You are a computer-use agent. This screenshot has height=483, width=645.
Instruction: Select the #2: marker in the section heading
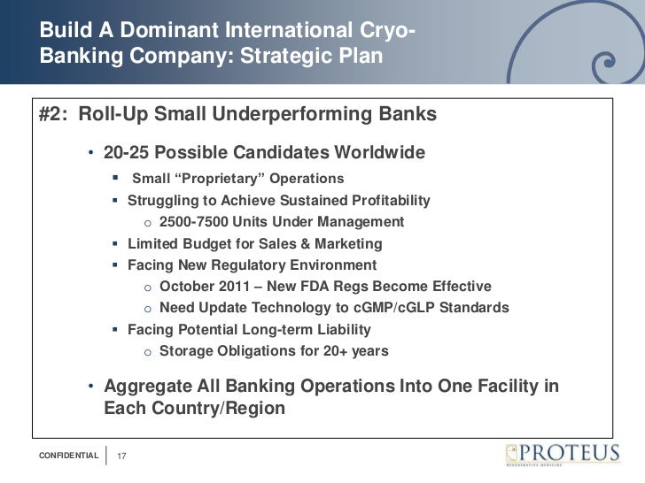pyautogui.click(x=54, y=116)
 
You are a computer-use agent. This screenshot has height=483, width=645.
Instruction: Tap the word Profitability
pyautogui.click(x=385, y=200)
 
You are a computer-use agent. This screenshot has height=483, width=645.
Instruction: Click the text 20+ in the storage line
pyautogui.click(x=322, y=351)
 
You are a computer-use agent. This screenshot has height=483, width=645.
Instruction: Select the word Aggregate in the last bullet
pyautogui.click(x=144, y=387)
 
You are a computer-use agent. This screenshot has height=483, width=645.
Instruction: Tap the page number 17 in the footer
pyautogui.click(x=122, y=456)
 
